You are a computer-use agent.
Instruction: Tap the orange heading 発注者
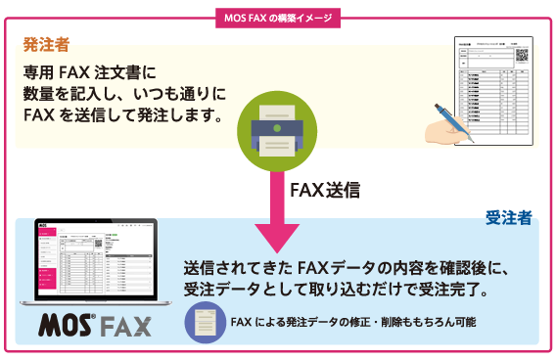(47, 45)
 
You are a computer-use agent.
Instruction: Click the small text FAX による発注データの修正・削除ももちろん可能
(353, 321)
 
